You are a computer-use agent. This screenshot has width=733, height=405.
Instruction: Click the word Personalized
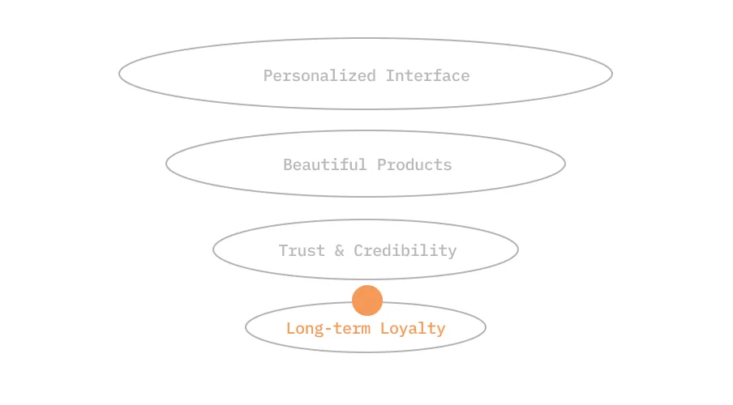(319, 76)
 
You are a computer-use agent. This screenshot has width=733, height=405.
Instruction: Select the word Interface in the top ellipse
(427, 76)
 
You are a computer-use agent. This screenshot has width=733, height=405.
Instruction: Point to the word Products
(414, 165)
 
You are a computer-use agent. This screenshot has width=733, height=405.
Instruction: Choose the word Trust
(302, 250)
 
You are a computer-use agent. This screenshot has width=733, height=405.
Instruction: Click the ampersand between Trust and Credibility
(339, 250)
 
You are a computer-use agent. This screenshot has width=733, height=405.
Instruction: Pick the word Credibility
(405, 250)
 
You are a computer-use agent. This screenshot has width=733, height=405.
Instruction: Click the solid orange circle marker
(366, 301)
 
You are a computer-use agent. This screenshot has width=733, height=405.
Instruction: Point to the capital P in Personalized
(268, 76)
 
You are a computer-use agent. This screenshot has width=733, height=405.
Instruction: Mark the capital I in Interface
(390, 76)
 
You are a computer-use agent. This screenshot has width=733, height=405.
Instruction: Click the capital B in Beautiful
(288, 165)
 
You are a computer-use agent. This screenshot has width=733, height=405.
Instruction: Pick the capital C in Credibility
(358, 250)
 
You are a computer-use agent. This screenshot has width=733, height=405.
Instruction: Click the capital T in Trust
(283, 250)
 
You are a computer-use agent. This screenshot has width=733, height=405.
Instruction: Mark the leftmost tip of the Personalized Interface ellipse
(119, 74)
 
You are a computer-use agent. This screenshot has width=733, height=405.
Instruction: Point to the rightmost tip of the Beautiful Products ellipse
(565, 164)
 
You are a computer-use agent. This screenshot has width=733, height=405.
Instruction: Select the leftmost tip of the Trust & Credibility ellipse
(213, 249)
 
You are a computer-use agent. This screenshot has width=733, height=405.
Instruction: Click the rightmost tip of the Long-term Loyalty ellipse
(486, 327)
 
